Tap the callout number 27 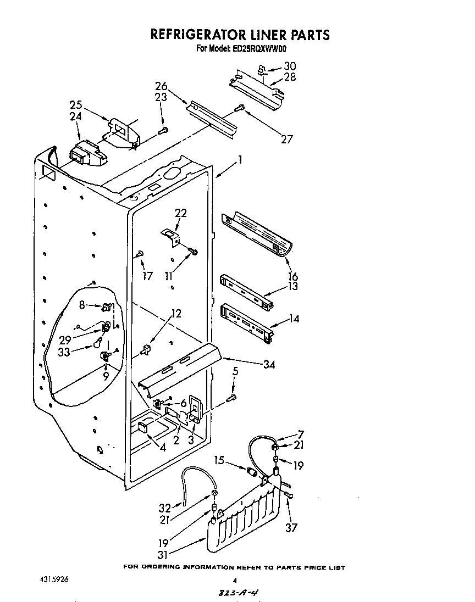click(x=286, y=140)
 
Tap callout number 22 click(x=181, y=213)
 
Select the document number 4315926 click(x=54, y=579)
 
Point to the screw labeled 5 click(x=233, y=396)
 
